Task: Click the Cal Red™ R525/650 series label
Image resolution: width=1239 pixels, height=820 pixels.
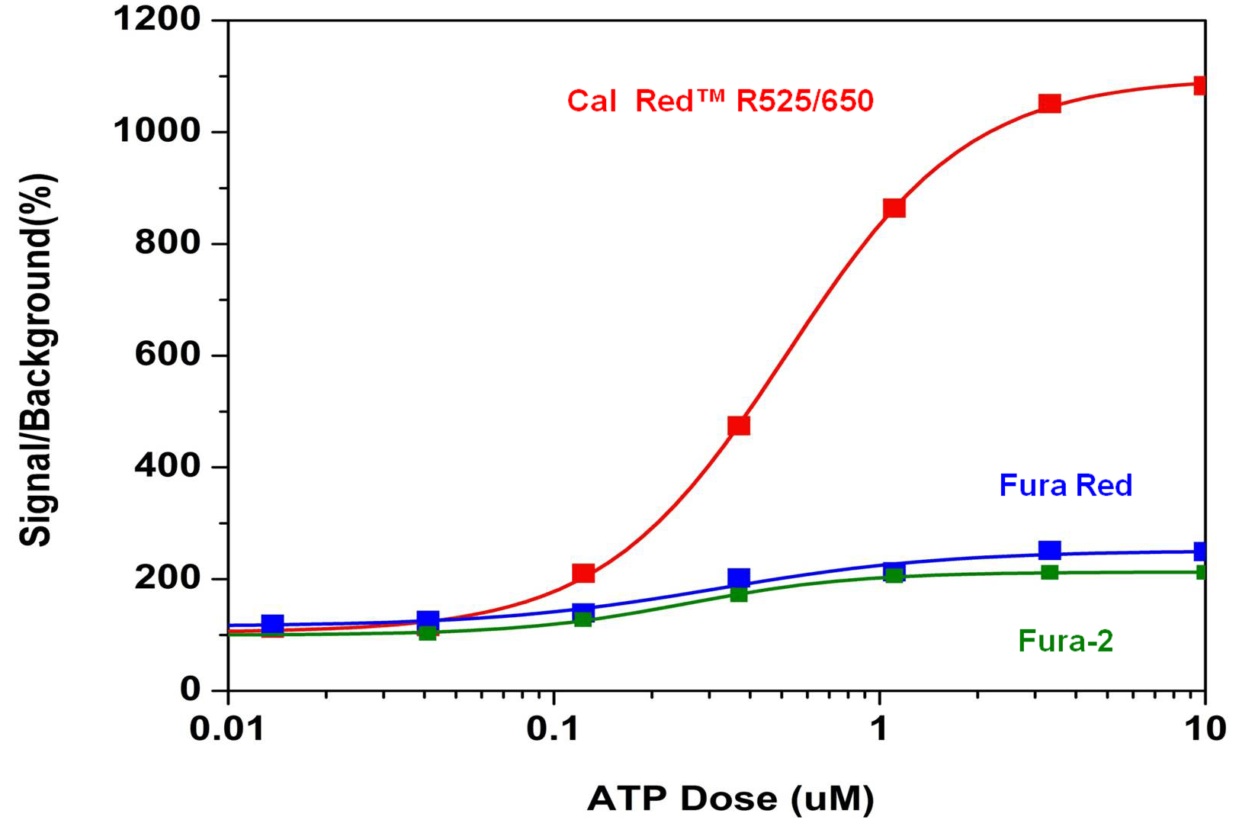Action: point(720,101)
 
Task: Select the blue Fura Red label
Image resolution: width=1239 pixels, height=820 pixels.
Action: point(1065,486)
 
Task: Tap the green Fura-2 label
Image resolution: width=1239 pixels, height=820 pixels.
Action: point(1065,641)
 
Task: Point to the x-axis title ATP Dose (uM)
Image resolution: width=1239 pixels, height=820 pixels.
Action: point(730,799)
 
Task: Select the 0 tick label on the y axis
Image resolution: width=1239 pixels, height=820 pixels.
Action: point(190,690)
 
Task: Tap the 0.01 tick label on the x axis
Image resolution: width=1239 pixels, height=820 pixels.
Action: point(227,729)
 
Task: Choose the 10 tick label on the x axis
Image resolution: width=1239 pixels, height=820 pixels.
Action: point(1205,729)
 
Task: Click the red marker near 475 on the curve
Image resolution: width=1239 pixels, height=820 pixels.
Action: point(738,426)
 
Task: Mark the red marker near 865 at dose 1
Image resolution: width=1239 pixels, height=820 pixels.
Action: point(894,208)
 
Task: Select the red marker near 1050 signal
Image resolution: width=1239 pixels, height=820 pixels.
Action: point(1049,103)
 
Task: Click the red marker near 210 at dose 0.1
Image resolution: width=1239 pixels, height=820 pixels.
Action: point(583,573)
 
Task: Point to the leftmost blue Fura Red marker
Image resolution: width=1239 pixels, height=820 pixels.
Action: point(272,624)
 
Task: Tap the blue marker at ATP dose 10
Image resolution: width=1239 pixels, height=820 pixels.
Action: point(1202,551)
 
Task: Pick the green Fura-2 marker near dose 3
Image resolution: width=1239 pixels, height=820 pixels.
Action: point(1049,572)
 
